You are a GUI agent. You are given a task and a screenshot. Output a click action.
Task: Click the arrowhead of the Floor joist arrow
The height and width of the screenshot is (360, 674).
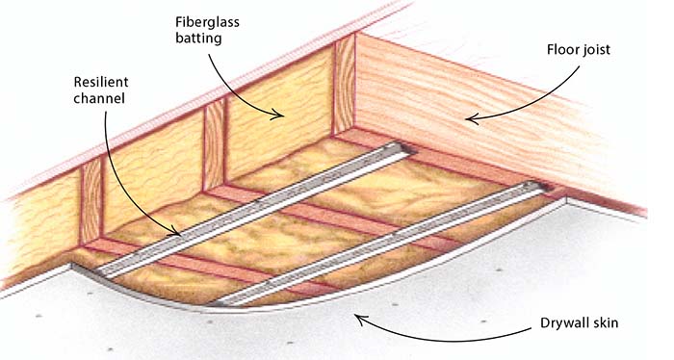coord(468,119)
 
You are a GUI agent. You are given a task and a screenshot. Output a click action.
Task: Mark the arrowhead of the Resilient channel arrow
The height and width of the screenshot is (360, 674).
coord(178,232)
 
